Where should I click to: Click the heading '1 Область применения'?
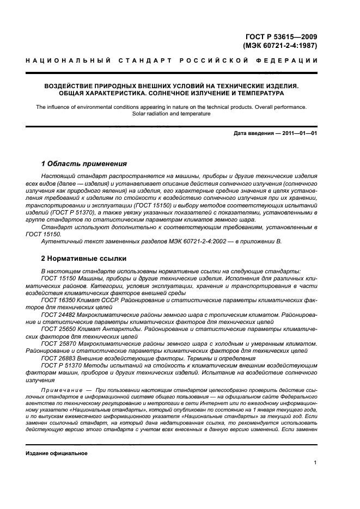pyautogui.click(x=84, y=164)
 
